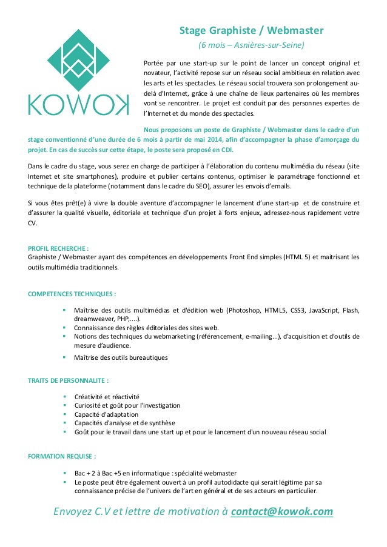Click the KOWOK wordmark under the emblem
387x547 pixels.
pyautogui.click(x=78, y=104)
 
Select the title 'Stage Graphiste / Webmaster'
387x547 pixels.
pyautogui.click(x=251, y=30)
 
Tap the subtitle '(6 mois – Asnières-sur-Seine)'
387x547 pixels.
pyautogui.click(x=251, y=45)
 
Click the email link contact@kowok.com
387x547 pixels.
pyautogui.click(x=282, y=511)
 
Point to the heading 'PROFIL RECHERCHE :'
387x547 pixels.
pyautogui.click(x=58, y=248)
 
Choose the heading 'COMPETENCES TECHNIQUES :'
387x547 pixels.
pyautogui.click(x=72, y=294)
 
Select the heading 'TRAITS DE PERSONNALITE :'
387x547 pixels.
pyautogui.click(x=69, y=381)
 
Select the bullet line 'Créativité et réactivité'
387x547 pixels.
pyautogui.click(x=107, y=397)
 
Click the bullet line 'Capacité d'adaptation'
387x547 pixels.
pyautogui.click(x=106, y=414)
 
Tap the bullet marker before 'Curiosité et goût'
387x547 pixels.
pyautogui.click(x=64, y=405)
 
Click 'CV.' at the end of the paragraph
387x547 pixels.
pyautogui.click(x=33, y=223)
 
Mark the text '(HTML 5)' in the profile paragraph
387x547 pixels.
pyautogui.click(x=296, y=257)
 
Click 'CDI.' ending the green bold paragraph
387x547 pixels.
pyautogui.click(x=225, y=150)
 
